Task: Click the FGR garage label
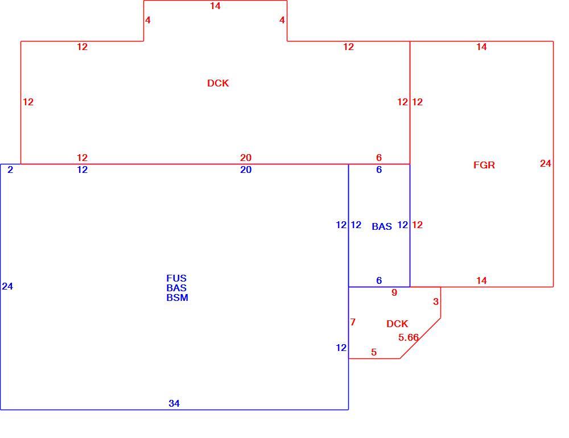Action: (x=484, y=165)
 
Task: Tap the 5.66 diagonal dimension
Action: (x=409, y=337)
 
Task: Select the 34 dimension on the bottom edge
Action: (x=174, y=403)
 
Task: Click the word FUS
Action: (x=176, y=278)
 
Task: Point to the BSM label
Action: (x=177, y=297)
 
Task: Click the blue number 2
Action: (x=10, y=170)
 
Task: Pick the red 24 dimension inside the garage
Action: (x=546, y=164)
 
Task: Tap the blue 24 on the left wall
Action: (x=7, y=286)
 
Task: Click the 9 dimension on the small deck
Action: (x=394, y=292)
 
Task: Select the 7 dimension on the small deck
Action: (x=353, y=322)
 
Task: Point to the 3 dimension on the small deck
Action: (x=436, y=301)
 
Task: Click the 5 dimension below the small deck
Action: (x=374, y=352)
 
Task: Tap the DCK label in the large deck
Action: (x=218, y=83)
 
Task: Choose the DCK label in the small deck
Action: (x=397, y=324)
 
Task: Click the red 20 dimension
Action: (x=246, y=158)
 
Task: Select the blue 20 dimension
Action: (x=246, y=170)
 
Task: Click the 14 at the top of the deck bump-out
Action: (x=215, y=6)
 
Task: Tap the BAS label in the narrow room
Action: (x=382, y=226)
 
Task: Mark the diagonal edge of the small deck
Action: (x=420, y=338)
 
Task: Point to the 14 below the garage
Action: (x=481, y=280)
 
